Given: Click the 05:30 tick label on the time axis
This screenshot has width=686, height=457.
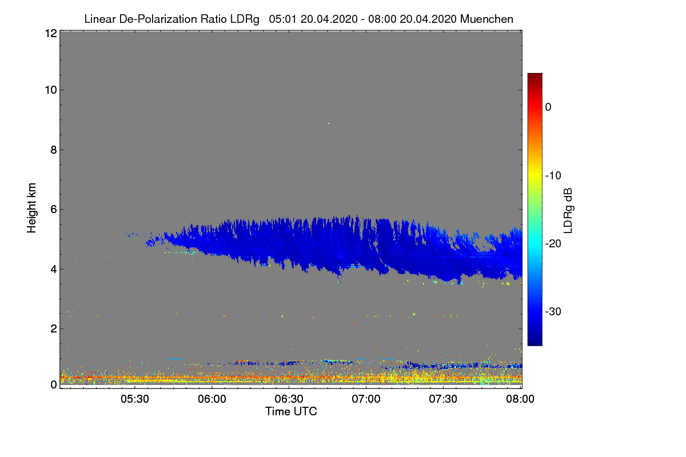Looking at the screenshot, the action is click(135, 399).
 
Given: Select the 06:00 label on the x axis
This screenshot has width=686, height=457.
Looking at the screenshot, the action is click(212, 399).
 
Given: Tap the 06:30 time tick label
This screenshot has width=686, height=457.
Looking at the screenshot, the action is click(289, 399).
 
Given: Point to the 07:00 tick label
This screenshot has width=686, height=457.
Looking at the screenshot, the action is click(366, 399).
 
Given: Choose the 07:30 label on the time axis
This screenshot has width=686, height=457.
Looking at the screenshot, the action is click(443, 399).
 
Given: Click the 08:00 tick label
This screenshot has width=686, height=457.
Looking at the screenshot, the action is click(520, 399).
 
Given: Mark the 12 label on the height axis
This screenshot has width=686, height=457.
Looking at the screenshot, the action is click(51, 33).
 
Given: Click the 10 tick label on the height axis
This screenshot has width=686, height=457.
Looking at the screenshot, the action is click(51, 90).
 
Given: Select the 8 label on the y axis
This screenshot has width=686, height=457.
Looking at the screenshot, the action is click(54, 150).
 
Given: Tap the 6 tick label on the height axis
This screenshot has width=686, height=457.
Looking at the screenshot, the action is click(54, 210).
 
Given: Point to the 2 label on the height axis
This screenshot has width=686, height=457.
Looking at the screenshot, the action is click(54, 329).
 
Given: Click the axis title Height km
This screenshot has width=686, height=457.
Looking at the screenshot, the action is click(31, 208).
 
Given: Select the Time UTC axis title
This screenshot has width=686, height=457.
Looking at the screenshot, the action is click(291, 412).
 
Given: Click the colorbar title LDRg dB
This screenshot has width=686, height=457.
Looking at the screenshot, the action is click(568, 211).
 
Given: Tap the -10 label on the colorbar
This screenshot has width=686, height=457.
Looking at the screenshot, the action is click(553, 176).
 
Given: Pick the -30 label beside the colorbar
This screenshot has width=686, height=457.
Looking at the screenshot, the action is click(553, 311).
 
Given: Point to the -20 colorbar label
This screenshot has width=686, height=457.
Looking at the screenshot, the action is click(553, 244).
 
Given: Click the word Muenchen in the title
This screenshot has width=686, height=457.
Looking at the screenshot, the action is click(486, 19).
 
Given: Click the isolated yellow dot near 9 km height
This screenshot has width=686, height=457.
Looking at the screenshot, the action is click(329, 123).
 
